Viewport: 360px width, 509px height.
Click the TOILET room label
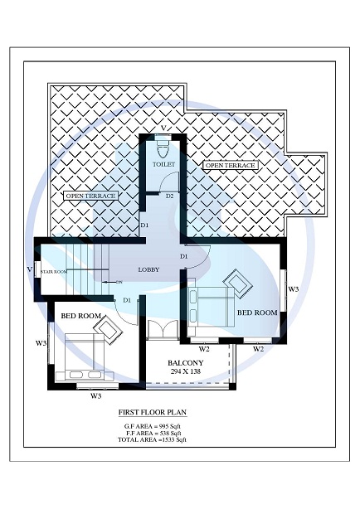[163, 165]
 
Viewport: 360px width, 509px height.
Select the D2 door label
[169, 196]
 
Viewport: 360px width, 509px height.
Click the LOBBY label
[149, 269]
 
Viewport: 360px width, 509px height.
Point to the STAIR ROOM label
[54, 271]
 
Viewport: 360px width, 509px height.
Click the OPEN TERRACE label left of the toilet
[90, 196]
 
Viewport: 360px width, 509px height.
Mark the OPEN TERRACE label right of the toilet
[231, 166]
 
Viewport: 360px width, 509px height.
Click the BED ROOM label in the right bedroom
[257, 313]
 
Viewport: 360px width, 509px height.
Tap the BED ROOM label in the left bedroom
[80, 317]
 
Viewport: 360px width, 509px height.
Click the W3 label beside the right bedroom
[293, 288]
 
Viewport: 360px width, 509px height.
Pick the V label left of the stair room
[29, 269]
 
